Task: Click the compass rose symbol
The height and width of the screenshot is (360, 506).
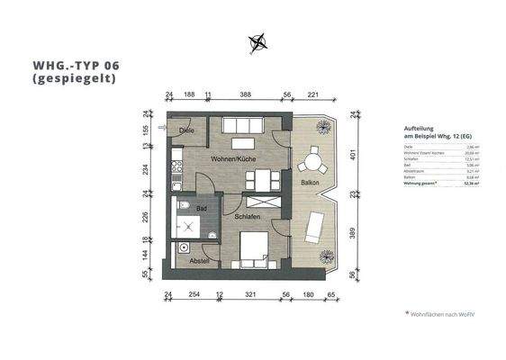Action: pos(258,40)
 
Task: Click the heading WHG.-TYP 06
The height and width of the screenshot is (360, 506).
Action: pos(74,66)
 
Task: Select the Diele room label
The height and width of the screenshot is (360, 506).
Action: pos(186,131)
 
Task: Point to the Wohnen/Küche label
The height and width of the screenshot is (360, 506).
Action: pos(235,158)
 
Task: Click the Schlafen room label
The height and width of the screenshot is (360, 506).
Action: pos(248,217)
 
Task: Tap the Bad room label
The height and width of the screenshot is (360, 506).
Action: pos(202,208)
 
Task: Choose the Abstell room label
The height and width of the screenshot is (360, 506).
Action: pos(199,260)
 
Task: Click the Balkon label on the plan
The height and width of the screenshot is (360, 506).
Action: pos(310,183)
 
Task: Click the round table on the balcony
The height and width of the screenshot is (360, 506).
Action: pos(312,164)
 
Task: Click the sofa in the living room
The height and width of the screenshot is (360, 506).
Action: pos(242,126)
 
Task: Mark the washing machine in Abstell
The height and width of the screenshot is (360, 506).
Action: pos(185,247)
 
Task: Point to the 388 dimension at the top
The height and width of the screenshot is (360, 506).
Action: pos(245,94)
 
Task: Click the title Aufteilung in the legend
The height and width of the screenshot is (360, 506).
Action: pos(420,129)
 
